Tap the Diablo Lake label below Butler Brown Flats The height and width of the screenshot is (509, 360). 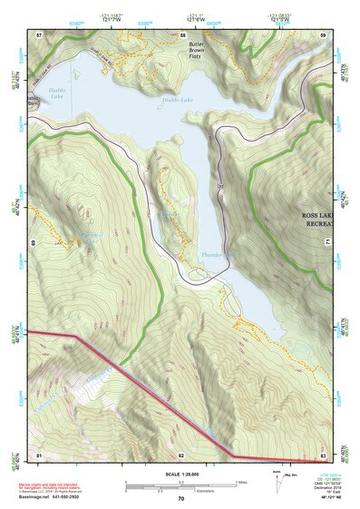click(x=178, y=100)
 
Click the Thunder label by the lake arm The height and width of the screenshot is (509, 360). click(x=213, y=255)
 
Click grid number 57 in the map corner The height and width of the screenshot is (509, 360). click(x=39, y=34)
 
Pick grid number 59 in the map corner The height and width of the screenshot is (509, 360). click(x=323, y=34)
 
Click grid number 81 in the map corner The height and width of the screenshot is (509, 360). click(x=39, y=454)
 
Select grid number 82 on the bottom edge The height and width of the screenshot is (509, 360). click(x=181, y=454)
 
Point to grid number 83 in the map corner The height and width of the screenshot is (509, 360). click(x=323, y=454)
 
